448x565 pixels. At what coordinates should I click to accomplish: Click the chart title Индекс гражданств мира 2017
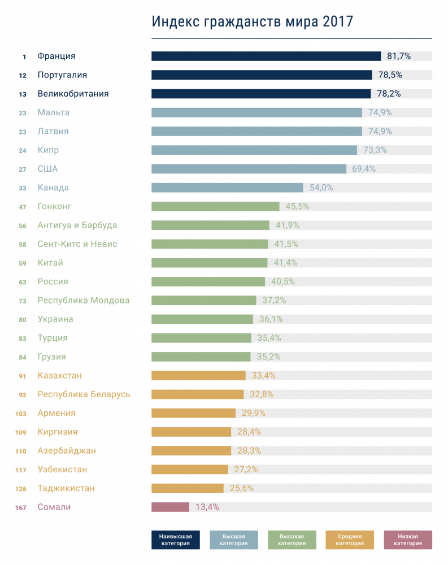(x=253, y=21)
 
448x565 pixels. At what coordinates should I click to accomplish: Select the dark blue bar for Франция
(x=266, y=56)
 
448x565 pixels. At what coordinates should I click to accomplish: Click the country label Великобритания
(x=73, y=94)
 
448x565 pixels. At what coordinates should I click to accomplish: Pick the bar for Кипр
(x=254, y=150)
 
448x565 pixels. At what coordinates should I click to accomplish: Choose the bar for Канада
(x=227, y=188)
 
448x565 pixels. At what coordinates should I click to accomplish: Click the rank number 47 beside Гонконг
(x=23, y=207)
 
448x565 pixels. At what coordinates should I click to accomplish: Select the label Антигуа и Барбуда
(x=77, y=225)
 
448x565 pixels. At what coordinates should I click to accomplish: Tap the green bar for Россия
(x=208, y=281)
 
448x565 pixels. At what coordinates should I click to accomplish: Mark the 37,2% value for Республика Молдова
(x=273, y=301)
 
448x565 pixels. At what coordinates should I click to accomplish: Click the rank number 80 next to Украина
(x=23, y=319)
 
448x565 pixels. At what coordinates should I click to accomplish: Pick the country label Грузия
(x=51, y=357)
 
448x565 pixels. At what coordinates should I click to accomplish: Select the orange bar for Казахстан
(x=198, y=376)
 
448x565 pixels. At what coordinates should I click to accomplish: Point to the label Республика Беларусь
(x=84, y=394)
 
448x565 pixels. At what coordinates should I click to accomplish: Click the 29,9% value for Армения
(x=253, y=413)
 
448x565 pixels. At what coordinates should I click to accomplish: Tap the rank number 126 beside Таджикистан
(x=21, y=488)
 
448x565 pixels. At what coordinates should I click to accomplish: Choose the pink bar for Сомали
(x=170, y=507)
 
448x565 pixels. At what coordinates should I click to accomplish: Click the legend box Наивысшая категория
(x=175, y=540)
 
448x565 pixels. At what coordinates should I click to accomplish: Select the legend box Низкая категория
(x=407, y=540)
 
